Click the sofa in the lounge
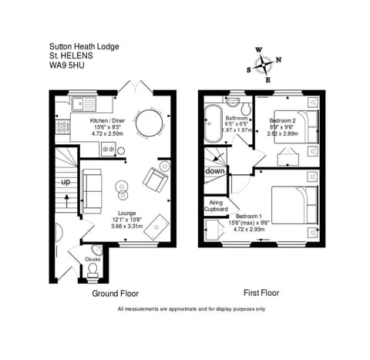[x=92, y=190]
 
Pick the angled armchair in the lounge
[x=155, y=180]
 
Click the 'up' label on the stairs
[x=66, y=181]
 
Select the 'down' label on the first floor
[x=216, y=171]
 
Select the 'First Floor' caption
[x=260, y=293]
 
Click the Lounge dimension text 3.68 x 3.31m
[x=127, y=225]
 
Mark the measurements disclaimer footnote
[x=190, y=309]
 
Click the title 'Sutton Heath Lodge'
[x=84, y=46]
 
